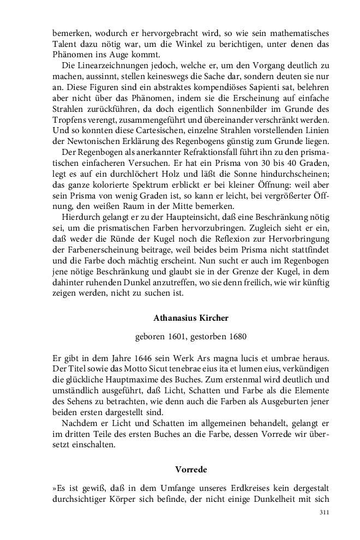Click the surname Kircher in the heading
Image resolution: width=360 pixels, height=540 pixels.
[211, 317]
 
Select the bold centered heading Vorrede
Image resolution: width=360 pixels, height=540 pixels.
[191, 469]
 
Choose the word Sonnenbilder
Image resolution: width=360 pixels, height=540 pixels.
[239, 110]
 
